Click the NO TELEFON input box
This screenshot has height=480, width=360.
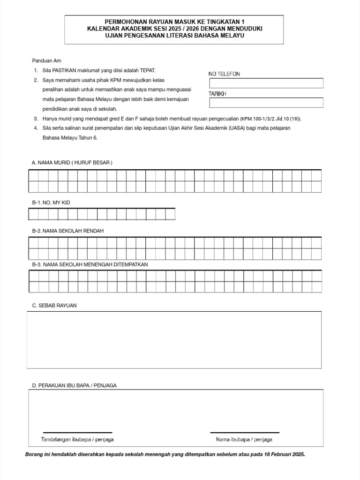(266, 83)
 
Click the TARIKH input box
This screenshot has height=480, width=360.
(266, 103)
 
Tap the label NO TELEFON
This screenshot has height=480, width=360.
(224, 74)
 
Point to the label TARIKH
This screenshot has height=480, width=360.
(217, 94)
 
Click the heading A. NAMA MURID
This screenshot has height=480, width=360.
(72, 162)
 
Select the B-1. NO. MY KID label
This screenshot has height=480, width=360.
(51, 202)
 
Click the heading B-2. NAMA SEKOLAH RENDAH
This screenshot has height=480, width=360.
(67, 231)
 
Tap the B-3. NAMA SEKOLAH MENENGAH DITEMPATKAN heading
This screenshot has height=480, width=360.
(90, 264)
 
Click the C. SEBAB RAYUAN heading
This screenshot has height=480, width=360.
(54, 305)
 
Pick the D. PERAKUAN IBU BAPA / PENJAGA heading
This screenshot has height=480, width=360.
(74, 385)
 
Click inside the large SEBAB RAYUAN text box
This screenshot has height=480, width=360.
(174, 340)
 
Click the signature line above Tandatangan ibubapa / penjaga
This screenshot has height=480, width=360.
(77, 432)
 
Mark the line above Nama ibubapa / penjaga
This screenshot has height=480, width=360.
(244, 432)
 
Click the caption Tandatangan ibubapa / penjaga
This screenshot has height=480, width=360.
(77, 440)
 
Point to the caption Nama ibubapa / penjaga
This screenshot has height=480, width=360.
(244, 440)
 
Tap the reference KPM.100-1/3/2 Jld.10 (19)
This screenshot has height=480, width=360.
(271, 119)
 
